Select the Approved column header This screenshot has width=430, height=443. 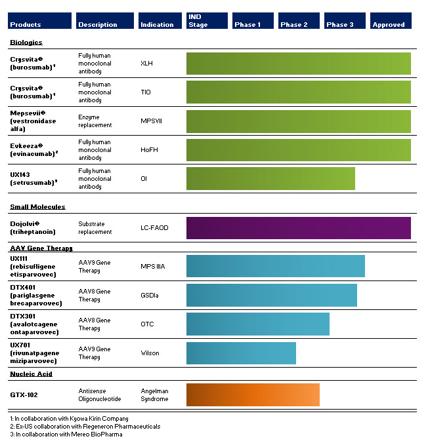[x=392, y=21]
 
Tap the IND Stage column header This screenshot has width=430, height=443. [x=207, y=21]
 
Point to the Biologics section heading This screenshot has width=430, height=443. [x=26, y=43]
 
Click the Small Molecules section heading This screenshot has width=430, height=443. [x=37, y=207]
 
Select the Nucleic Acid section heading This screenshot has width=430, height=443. [x=31, y=374]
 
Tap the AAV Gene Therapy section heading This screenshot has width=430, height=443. [x=41, y=248]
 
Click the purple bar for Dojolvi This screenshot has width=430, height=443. [x=298, y=228]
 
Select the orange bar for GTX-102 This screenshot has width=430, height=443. [x=253, y=395]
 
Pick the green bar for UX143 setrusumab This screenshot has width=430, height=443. [x=270, y=178]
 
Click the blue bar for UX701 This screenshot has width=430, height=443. [x=241, y=353]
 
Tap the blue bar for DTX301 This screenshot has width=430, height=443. [x=257, y=324]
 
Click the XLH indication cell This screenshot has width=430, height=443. [x=146, y=64]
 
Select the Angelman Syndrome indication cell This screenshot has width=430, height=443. [x=155, y=395]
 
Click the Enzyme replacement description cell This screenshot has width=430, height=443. [x=95, y=121]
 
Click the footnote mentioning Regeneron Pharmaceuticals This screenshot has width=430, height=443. [x=85, y=426]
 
